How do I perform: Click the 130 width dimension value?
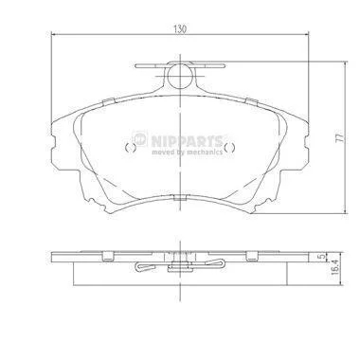pyautogui.click(x=180, y=29)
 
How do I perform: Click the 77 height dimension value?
pyautogui.click(x=339, y=138)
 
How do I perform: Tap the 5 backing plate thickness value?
pyautogui.click(x=321, y=257)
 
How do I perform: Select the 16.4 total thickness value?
pyautogui.click(x=334, y=267)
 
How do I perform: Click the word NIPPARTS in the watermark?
pyautogui.click(x=187, y=141)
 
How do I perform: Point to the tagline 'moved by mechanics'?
pyautogui.click(x=187, y=153)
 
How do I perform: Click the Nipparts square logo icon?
pyautogui.click(x=140, y=139)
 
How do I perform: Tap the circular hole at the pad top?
pyautogui.click(x=180, y=76)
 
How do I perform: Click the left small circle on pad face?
pyautogui.click(x=131, y=148)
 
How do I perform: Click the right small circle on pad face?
pyautogui.click(x=229, y=148)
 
